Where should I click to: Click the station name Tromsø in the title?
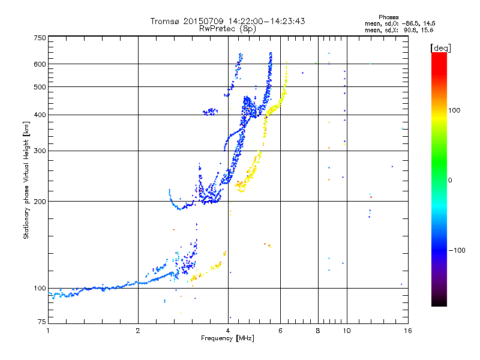[x=164, y=21]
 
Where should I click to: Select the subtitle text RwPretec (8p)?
[x=227, y=29]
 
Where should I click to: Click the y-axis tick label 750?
[x=40, y=38]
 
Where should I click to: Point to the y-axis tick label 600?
[x=40, y=64]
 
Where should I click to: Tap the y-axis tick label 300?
[x=40, y=151]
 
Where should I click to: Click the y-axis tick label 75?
[x=42, y=322]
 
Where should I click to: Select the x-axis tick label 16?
[x=408, y=331]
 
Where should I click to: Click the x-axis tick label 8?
[x=318, y=331]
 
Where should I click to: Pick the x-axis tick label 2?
[x=138, y=331]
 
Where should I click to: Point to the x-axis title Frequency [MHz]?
[x=227, y=338]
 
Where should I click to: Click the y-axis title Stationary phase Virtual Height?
[x=26, y=181]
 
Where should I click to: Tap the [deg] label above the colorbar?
[x=440, y=48]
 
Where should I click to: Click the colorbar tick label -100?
[x=457, y=250]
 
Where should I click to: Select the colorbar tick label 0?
[x=450, y=180]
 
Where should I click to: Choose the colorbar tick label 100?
[x=454, y=110]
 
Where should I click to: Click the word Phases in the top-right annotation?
[x=388, y=17]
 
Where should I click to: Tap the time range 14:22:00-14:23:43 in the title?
[x=266, y=21]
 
